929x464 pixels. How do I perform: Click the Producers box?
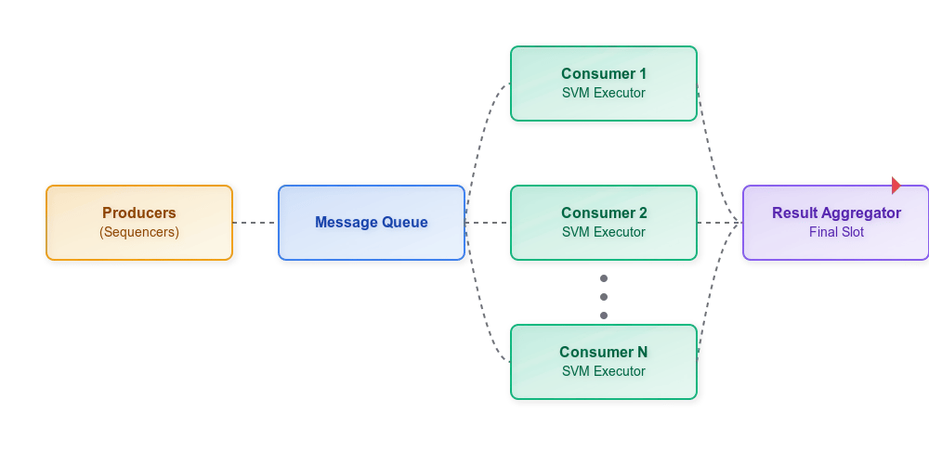139,223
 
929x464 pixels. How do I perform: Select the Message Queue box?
372,223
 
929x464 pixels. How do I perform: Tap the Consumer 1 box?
604,84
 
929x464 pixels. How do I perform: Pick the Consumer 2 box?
604,223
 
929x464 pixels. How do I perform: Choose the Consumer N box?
604,362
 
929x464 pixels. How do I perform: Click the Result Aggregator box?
836,223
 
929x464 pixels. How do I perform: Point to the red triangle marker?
896,186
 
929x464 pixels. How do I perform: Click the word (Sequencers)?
139,232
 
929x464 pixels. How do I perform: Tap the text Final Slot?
836,232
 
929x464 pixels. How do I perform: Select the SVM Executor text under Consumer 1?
604,93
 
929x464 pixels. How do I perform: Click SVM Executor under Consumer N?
604,371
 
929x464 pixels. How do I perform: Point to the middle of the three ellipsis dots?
604,297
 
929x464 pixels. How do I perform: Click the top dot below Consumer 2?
604,278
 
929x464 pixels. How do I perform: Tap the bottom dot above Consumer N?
604,316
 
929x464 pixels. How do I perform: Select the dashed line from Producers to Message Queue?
255,223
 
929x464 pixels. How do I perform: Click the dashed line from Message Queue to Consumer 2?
488,223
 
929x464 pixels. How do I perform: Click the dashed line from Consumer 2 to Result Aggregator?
720,223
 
